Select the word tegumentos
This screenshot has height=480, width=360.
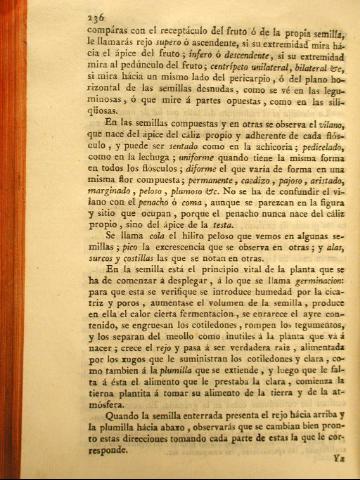(x=285, y=364)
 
